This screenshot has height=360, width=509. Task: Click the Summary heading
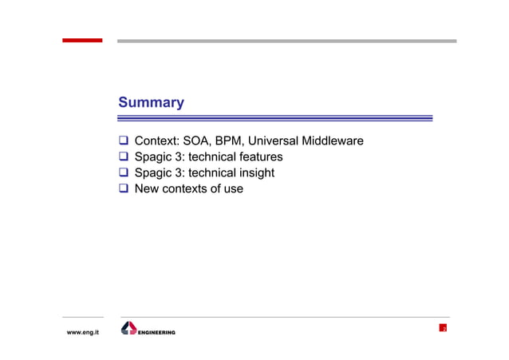pos(151,103)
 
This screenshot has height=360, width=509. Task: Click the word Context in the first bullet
pos(156,141)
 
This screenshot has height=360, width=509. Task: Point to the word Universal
pos(282,141)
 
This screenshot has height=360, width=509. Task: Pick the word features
pos(258,157)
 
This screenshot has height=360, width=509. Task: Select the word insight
pos(257,173)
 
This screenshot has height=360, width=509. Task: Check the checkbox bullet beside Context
pos(124,142)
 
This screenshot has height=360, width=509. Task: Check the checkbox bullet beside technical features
pos(124,158)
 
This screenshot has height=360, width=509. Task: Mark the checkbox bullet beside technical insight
pos(124,174)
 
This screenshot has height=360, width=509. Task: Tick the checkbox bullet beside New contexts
pos(124,190)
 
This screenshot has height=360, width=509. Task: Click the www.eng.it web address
pos(82,332)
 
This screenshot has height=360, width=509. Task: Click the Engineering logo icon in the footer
pos(128,328)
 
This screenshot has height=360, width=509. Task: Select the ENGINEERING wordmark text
pos(157,332)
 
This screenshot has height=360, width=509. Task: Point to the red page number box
pos(443,328)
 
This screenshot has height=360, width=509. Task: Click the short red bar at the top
pos(83,41)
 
